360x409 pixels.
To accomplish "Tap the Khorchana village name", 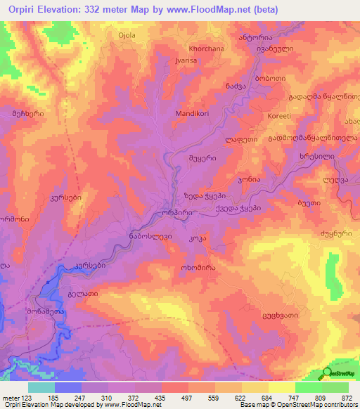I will [204, 48].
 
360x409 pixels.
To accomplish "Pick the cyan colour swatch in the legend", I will [41, 387].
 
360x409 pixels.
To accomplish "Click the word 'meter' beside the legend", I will [11, 397].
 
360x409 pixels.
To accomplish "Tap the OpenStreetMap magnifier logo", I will [328, 373].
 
